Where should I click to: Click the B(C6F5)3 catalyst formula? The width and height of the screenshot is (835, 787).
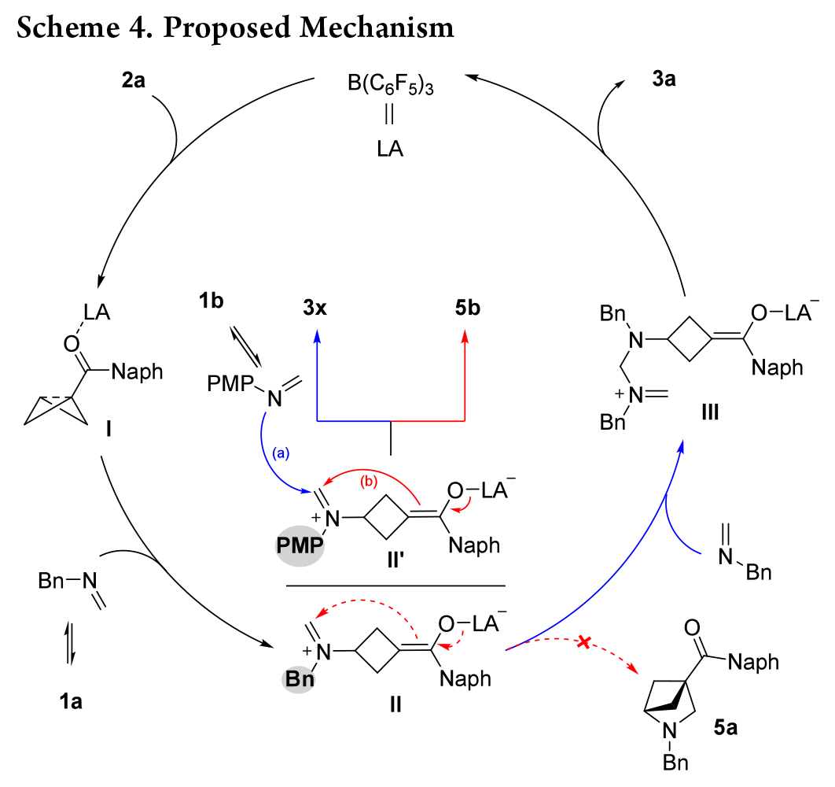point(391,84)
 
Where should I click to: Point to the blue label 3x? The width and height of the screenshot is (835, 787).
point(318,307)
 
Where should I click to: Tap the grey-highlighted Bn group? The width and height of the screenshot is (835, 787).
point(296,678)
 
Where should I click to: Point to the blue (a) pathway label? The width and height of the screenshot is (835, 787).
point(281,453)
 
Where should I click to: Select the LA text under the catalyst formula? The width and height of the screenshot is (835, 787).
point(389,148)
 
